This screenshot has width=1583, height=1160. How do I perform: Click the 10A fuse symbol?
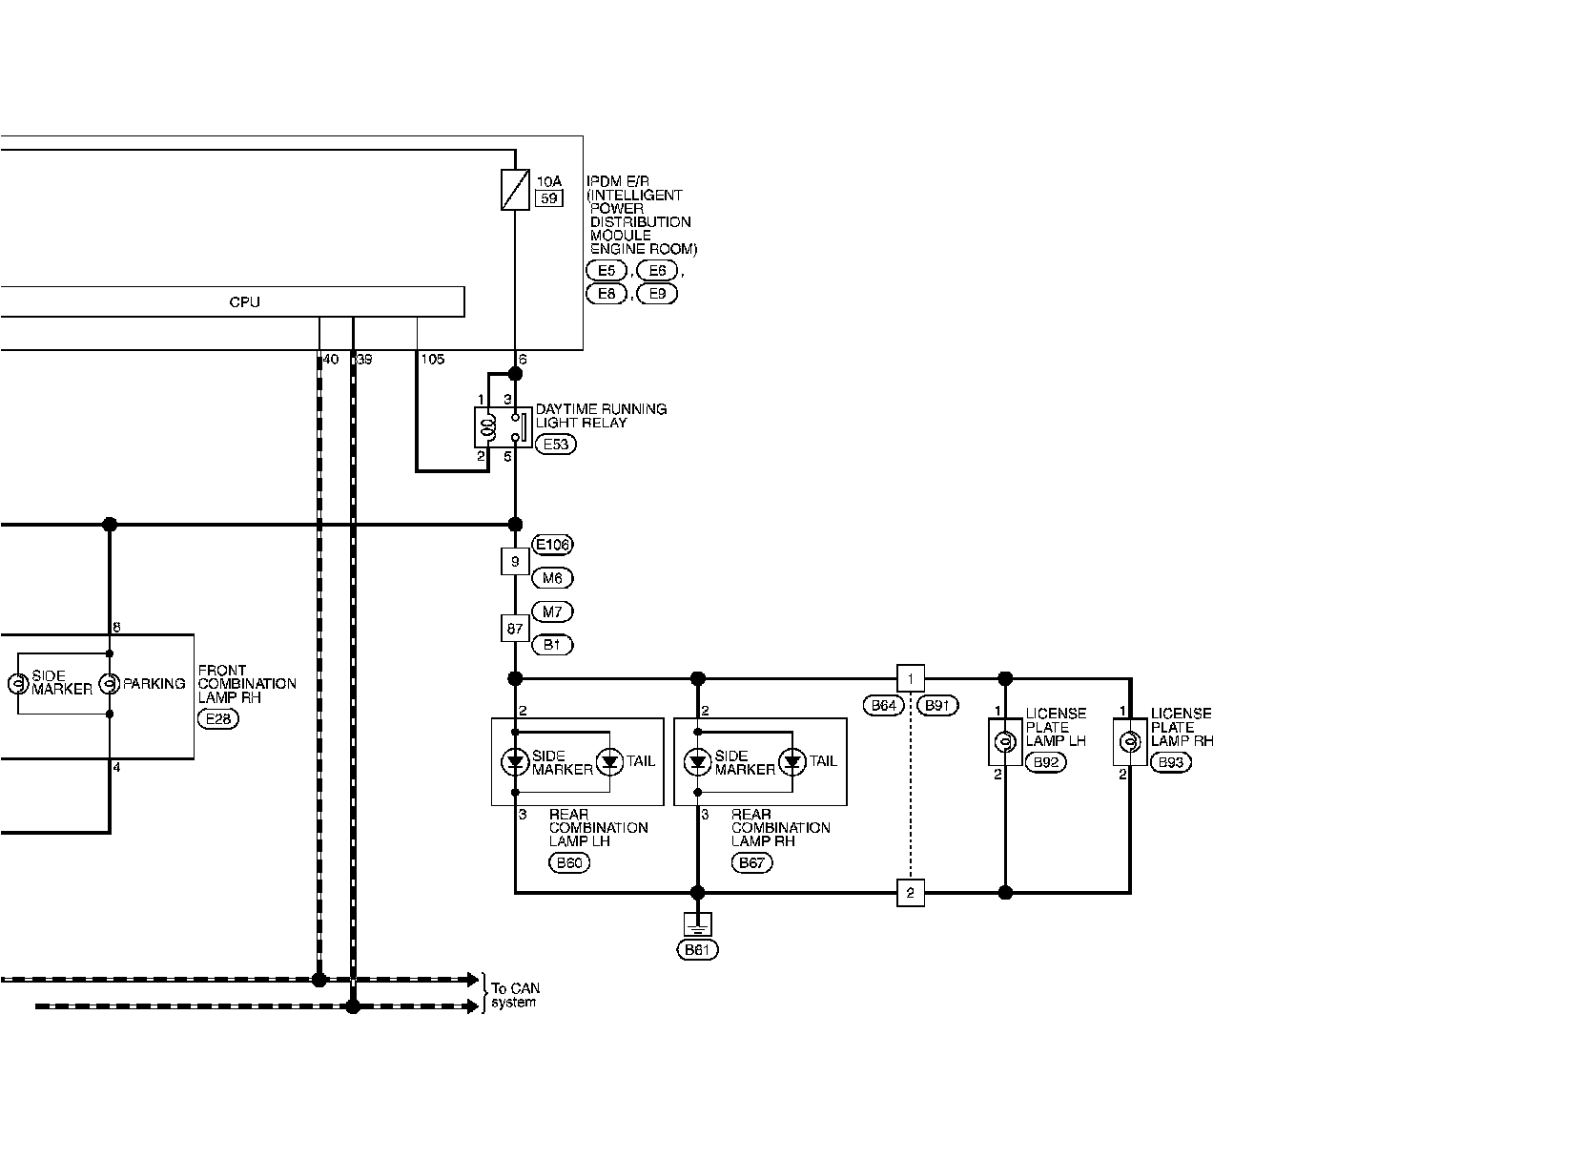click(515, 189)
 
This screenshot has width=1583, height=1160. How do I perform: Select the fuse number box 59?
click(548, 198)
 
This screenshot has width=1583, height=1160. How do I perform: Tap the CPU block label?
click(244, 301)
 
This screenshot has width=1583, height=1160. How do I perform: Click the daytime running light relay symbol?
click(503, 427)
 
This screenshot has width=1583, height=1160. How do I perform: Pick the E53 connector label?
click(555, 444)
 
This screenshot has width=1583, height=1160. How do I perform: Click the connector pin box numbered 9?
click(515, 562)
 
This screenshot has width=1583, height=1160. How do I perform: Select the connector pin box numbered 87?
click(515, 628)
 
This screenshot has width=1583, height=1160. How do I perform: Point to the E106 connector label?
click(552, 545)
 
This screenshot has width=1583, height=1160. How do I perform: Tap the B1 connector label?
click(552, 645)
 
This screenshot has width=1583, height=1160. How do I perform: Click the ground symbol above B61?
click(697, 923)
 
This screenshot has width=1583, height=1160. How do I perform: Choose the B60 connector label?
click(569, 862)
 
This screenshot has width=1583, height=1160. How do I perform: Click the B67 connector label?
click(751, 862)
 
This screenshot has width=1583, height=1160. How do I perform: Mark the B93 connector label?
click(1170, 762)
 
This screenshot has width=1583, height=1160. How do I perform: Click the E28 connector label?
click(218, 718)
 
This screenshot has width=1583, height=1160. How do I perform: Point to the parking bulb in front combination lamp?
click(110, 684)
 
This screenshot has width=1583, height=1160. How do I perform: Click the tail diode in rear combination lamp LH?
click(607, 761)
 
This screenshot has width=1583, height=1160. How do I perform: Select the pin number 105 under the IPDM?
click(432, 360)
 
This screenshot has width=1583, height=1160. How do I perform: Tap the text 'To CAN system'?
click(515, 995)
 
